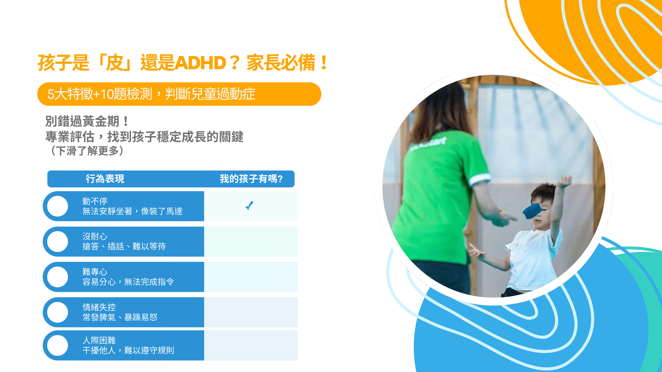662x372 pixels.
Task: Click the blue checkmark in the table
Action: [250, 206]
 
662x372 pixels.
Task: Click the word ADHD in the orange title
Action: [200, 63]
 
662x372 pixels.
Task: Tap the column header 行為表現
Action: [105, 179]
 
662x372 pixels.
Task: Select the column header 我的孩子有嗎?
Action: [251, 179]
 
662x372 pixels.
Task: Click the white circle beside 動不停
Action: [58, 206]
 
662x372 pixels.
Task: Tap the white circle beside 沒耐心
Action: [58, 241]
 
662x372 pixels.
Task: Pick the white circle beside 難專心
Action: [58, 277]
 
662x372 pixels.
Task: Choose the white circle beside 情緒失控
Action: [58, 312]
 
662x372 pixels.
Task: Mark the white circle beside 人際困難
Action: [58, 345]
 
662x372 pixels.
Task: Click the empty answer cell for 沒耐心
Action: [251, 241]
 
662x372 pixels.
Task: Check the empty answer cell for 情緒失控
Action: [251, 312]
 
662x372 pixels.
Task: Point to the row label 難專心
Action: [95, 272]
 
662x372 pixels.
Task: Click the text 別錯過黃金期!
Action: [88, 121]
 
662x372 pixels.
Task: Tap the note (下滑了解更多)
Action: [87, 151]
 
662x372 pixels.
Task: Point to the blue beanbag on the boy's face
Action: [532, 210]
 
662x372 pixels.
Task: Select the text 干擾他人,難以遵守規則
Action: [128, 350]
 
